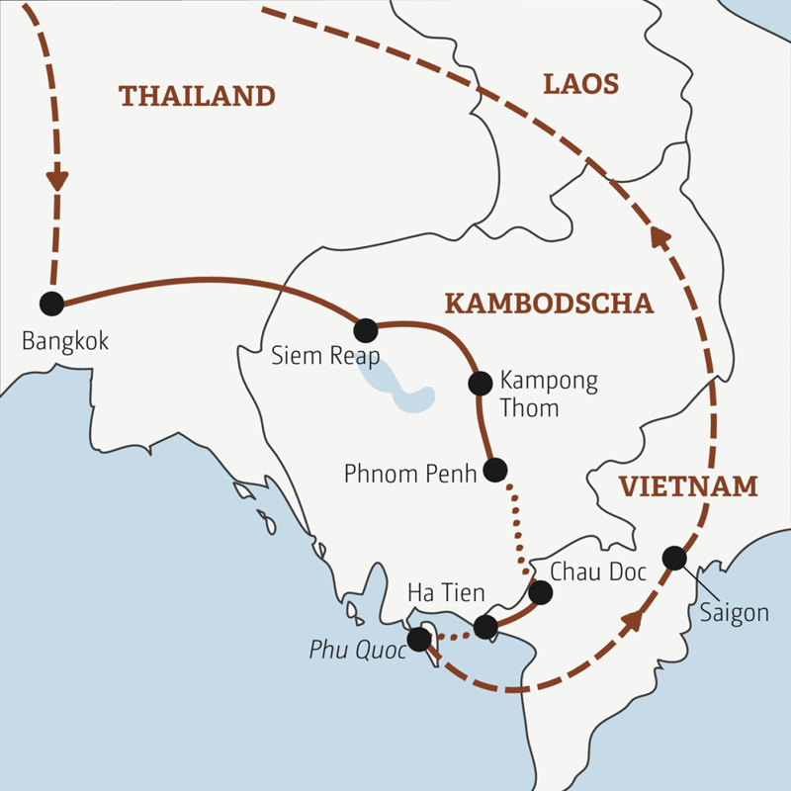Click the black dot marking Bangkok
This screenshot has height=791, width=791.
pyautogui.click(x=51, y=304)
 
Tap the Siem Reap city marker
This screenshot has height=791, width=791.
pyautogui.click(x=366, y=329)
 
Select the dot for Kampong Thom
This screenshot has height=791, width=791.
pyautogui.click(x=480, y=383)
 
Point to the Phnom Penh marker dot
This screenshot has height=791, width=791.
pyautogui.click(x=495, y=470)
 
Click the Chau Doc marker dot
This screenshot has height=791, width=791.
pyautogui.click(x=540, y=592)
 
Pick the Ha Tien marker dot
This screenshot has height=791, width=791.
pyautogui.click(x=485, y=627)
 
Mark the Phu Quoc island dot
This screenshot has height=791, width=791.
pyautogui.click(x=419, y=640)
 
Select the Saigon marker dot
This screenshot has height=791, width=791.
pyautogui.click(x=674, y=558)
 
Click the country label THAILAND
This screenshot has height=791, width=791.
pyautogui.click(x=196, y=96)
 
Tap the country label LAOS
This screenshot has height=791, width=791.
pyautogui.click(x=580, y=84)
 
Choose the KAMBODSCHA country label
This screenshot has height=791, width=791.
pyautogui.click(x=549, y=304)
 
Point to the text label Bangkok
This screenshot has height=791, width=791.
pyautogui.click(x=64, y=342)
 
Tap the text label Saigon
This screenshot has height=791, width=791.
pyautogui.click(x=734, y=613)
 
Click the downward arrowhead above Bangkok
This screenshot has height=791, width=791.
pyautogui.click(x=57, y=179)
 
